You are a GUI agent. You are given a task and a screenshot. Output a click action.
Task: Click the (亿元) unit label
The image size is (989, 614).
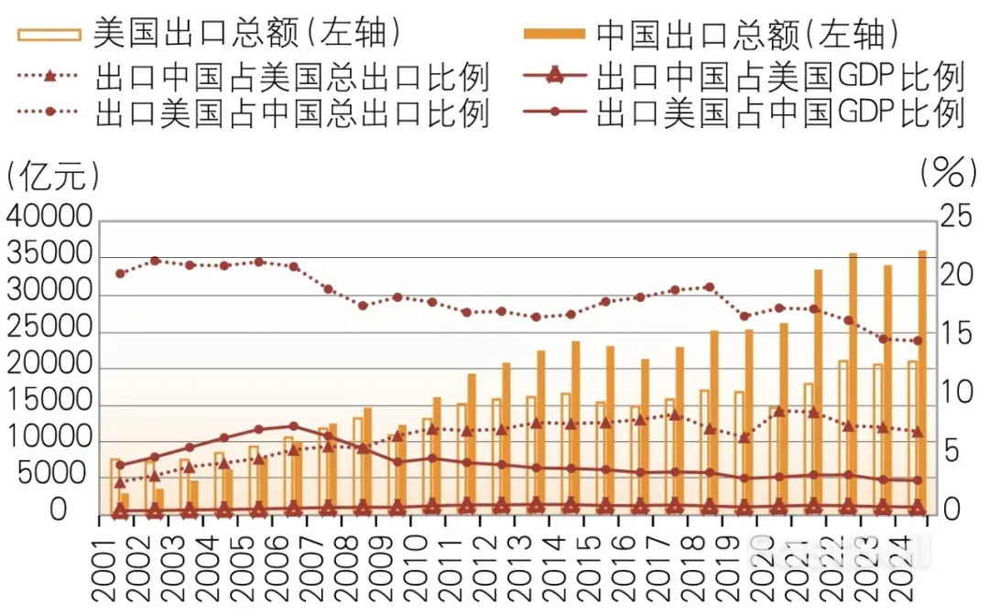(x=51, y=173)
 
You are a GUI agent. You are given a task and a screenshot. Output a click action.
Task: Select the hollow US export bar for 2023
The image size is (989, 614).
(x=877, y=439)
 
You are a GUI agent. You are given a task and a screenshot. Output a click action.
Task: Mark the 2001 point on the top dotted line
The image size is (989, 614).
(x=120, y=274)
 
